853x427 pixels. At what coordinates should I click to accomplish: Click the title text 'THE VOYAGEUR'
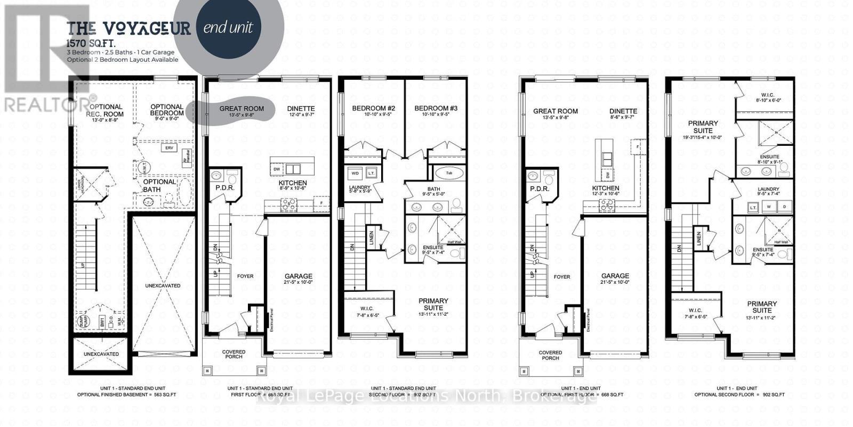pos(128,29)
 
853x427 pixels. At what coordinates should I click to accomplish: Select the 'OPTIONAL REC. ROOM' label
pos(106,110)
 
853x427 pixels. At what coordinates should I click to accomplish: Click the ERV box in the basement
pos(170,148)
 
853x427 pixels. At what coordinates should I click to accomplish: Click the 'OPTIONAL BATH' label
pos(159,185)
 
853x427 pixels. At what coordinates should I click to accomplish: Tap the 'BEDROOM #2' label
pos(372,109)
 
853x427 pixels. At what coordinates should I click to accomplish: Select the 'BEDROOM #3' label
pos(436,109)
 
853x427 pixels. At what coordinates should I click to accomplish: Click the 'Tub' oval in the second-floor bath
pos(449,173)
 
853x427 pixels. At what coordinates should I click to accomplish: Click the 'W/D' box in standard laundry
pos(355,174)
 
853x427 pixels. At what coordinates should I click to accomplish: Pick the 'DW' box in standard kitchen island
pos(277,169)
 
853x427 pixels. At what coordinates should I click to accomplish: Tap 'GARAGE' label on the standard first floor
pos(298,276)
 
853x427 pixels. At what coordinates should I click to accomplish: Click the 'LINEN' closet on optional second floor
pos(698,238)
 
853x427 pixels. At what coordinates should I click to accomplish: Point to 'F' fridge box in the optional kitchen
pos(638,145)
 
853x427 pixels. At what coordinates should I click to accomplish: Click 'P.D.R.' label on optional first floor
pos(539,188)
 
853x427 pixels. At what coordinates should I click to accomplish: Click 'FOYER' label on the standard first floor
pos(245,276)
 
